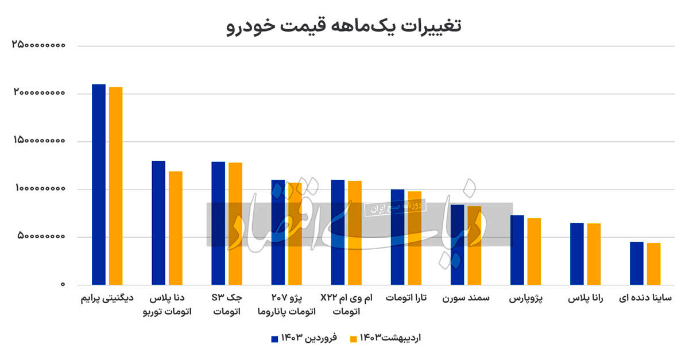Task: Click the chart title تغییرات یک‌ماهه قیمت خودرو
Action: (344, 26)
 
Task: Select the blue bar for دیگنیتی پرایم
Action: (99, 184)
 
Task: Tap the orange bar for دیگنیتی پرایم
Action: (116, 185)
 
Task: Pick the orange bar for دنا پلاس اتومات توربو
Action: (176, 227)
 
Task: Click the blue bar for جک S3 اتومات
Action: (218, 223)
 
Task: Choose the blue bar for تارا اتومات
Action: (397, 237)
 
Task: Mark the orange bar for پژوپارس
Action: (534, 251)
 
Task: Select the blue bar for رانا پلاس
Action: (577, 253)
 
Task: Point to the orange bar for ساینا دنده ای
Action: (653, 264)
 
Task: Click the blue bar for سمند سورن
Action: (457, 245)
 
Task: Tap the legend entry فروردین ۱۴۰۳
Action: (304, 339)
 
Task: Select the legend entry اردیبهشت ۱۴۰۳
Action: (385, 339)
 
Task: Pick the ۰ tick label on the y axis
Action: (64, 285)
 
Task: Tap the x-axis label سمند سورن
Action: (466, 299)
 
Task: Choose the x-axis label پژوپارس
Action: (527, 299)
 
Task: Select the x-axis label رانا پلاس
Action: (585, 299)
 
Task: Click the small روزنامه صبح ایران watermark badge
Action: (394, 207)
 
